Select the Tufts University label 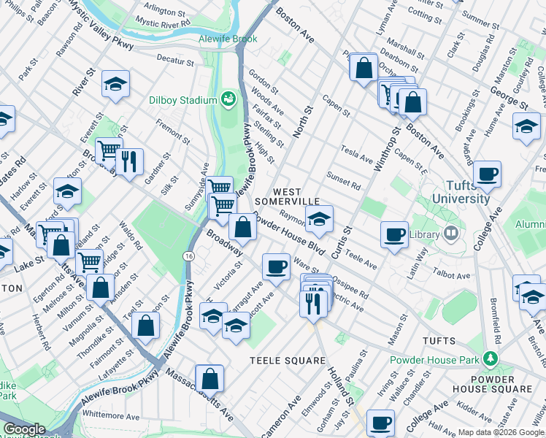(x=461, y=192)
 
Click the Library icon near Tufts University (x=450, y=234)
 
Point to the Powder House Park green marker (x=491, y=359)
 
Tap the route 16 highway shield (x=188, y=257)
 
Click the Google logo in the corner (x=24, y=429)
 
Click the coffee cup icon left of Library (x=395, y=235)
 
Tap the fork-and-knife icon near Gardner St (x=129, y=162)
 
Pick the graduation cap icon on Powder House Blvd (x=318, y=219)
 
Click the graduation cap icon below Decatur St (x=115, y=85)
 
